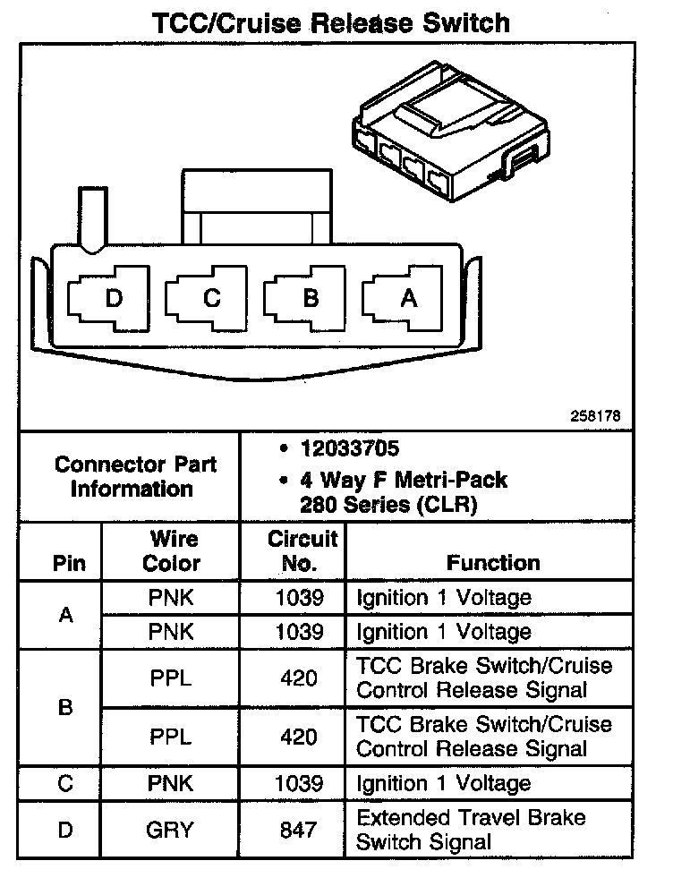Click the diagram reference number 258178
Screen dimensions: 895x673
click(595, 416)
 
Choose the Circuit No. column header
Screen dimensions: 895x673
click(302, 551)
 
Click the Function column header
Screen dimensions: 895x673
click(493, 563)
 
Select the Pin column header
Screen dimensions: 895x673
click(69, 564)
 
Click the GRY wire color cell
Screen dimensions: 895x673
click(171, 830)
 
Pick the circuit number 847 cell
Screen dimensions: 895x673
click(298, 830)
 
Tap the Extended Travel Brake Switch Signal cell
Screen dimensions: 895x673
click(471, 830)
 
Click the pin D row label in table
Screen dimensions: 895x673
click(64, 830)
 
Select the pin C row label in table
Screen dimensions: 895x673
click(64, 784)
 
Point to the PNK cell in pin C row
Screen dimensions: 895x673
click(171, 784)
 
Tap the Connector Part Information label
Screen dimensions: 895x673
click(134, 477)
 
